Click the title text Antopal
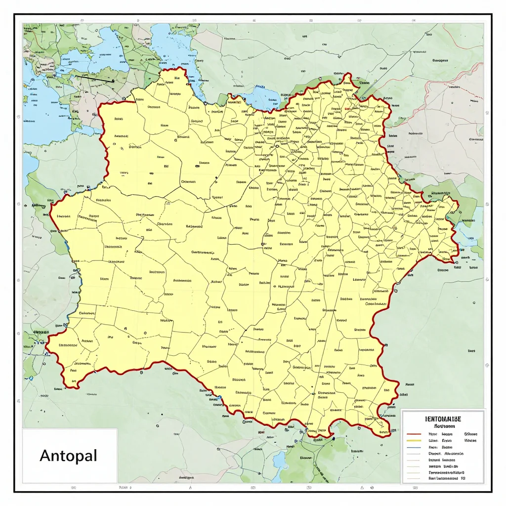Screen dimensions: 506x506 tap(68, 455)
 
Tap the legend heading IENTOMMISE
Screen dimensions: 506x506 tap(443, 419)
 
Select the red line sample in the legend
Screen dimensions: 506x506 tap(413, 433)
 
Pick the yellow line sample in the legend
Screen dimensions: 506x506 tap(413, 440)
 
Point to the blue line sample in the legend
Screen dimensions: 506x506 tap(413, 447)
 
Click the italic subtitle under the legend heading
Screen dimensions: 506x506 tap(444, 425)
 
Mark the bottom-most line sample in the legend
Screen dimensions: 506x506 tap(413, 479)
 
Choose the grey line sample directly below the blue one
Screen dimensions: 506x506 tap(413, 453)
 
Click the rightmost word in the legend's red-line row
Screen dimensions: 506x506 tap(470, 433)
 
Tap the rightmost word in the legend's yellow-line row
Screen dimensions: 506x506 tap(470, 440)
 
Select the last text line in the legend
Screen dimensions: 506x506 tap(446, 479)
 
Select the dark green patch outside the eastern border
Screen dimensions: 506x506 tap(462, 198)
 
